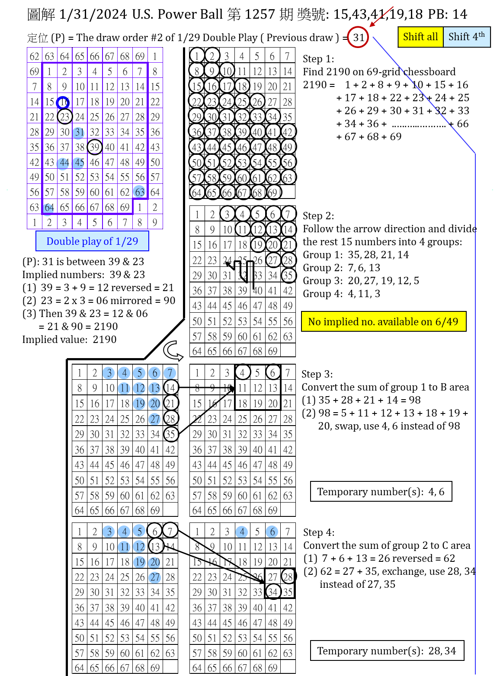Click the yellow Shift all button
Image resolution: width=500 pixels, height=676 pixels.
tap(420, 37)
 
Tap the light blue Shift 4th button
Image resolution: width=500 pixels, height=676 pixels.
tap(467, 37)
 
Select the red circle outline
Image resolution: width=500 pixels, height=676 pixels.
tap(358, 37)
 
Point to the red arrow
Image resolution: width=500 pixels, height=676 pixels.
tap(381, 16)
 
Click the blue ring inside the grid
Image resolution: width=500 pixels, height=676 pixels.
tap(63, 103)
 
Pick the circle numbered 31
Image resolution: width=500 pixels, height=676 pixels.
tap(79, 133)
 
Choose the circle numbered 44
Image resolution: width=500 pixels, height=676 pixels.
tap(63, 163)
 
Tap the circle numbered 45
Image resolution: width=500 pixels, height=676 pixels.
tap(78, 163)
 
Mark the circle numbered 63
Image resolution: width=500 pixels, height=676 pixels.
tap(139, 192)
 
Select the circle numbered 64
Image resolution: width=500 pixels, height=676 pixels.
tap(48, 209)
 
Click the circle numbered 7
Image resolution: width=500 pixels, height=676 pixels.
tap(170, 373)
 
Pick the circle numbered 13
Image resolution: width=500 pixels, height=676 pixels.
tap(154, 388)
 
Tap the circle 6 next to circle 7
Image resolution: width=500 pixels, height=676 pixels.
tap(154, 373)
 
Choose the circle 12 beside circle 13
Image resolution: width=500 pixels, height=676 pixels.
tap(139, 388)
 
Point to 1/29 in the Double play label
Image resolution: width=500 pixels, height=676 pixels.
tap(127, 241)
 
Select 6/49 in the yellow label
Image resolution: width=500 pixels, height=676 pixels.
tap(446, 322)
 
